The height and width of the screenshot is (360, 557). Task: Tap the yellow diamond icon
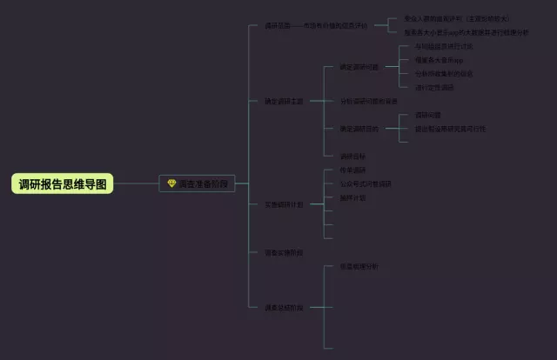coord(171,184)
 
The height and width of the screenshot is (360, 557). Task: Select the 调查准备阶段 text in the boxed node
coord(203,184)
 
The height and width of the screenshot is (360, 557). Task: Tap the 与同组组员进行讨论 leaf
coord(444,46)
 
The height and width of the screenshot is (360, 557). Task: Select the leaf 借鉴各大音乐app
coord(439,60)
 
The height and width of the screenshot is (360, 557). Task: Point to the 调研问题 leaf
coord(427,115)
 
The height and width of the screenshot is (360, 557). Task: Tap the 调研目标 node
coord(352,157)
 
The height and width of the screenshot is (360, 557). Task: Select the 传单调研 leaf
coord(352,170)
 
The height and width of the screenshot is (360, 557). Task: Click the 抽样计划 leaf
coord(352,197)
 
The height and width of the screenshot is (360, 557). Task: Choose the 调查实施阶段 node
coord(284,253)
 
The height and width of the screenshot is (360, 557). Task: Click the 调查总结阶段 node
coord(284,307)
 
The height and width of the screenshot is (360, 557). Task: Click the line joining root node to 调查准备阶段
coord(137,183)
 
